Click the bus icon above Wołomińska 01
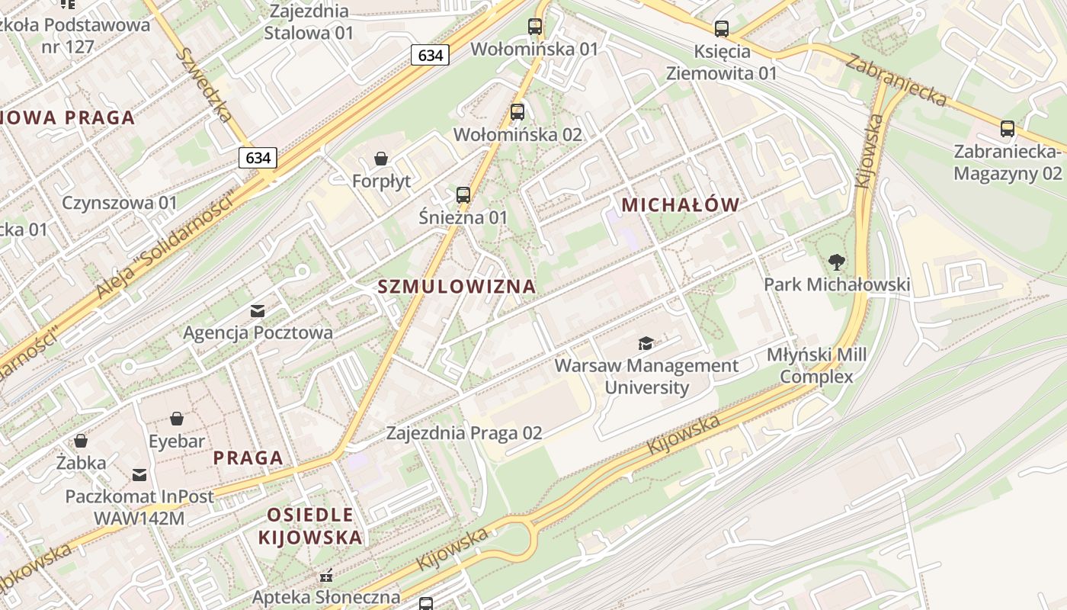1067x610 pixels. [x=535, y=27]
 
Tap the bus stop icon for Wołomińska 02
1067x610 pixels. [x=517, y=112]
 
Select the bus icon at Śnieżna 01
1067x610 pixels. [x=463, y=194]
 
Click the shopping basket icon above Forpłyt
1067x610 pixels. [x=380, y=159]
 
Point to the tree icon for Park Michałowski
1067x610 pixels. [x=837, y=262]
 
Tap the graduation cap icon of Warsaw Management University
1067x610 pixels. [x=646, y=343]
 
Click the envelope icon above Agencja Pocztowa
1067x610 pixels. [x=258, y=310]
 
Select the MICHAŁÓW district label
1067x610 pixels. [x=681, y=204]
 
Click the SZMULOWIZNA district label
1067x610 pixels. [x=457, y=287]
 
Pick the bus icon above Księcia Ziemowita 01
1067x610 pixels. [x=721, y=29]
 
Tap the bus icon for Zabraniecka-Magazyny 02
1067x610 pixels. [x=1008, y=129]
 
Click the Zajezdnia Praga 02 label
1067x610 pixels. [x=464, y=433]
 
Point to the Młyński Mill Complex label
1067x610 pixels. [x=817, y=366]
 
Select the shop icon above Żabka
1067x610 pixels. [x=81, y=441]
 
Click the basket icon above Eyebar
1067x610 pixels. [x=177, y=419]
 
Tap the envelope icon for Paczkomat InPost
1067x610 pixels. [x=139, y=475]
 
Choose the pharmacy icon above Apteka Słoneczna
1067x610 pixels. [x=326, y=575]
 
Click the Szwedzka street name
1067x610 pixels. [x=203, y=85]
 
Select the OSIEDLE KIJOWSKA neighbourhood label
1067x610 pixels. [x=309, y=525]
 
